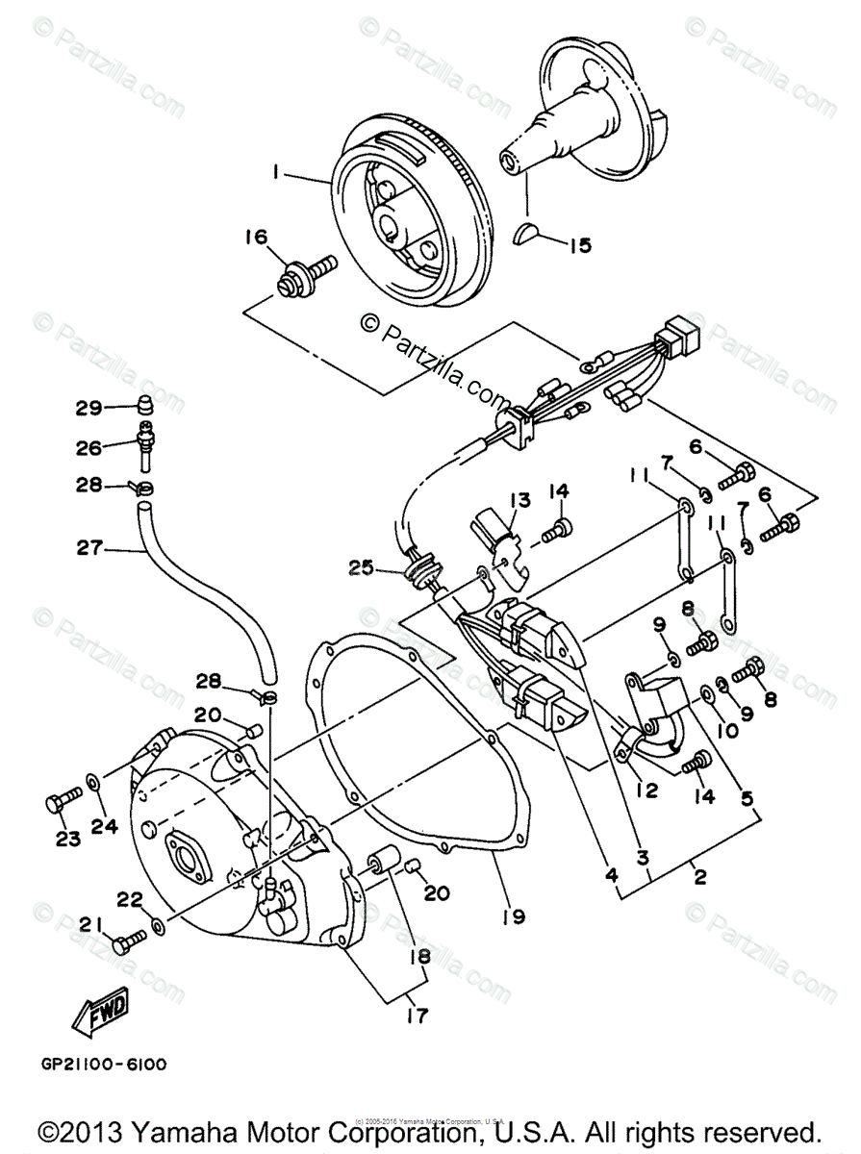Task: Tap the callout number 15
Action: point(578,246)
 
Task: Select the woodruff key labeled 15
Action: point(527,232)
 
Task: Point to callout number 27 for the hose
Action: point(89,549)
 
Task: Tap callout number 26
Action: point(89,447)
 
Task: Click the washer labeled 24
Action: point(92,779)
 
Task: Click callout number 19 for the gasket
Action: point(514,916)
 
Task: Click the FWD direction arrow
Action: point(100,1010)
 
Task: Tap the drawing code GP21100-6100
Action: point(104,1064)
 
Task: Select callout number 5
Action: point(746,796)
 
